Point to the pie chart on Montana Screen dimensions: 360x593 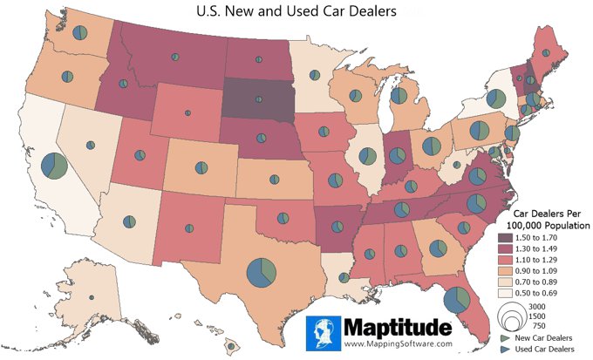[175, 57]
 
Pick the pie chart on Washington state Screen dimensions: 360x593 [80, 33]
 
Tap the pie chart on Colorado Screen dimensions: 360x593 [201, 167]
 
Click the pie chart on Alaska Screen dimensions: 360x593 [91, 298]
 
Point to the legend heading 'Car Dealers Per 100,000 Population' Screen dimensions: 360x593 [542, 219]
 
